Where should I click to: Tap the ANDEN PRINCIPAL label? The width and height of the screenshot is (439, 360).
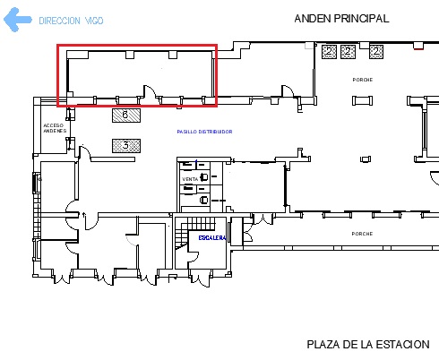(x=341, y=18)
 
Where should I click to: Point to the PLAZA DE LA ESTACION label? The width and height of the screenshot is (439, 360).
(x=367, y=344)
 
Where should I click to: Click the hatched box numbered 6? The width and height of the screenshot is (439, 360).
(x=125, y=115)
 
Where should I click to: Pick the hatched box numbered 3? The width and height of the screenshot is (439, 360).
(x=125, y=144)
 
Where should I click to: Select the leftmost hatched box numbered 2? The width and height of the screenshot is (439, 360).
(x=330, y=52)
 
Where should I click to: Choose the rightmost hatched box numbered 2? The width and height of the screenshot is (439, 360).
(x=377, y=52)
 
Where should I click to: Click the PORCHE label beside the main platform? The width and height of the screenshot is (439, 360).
(x=362, y=80)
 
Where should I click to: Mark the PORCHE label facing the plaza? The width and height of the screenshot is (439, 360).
(x=362, y=234)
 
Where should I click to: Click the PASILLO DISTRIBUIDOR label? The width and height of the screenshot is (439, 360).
(x=204, y=131)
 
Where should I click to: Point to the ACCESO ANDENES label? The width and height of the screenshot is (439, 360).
(x=55, y=128)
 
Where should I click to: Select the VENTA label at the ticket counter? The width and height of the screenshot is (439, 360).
(x=190, y=180)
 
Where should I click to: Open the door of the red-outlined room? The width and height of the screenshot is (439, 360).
(x=149, y=93)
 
